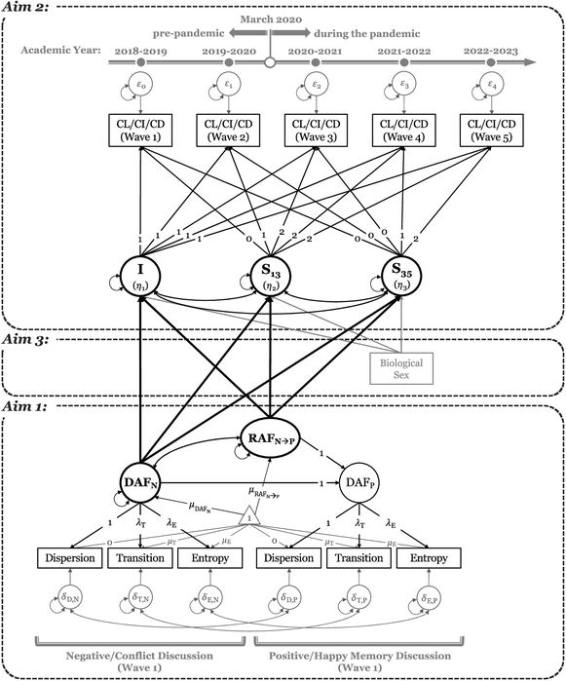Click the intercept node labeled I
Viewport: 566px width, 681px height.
(143, 278)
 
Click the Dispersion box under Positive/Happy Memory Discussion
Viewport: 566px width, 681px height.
(291, 558)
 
